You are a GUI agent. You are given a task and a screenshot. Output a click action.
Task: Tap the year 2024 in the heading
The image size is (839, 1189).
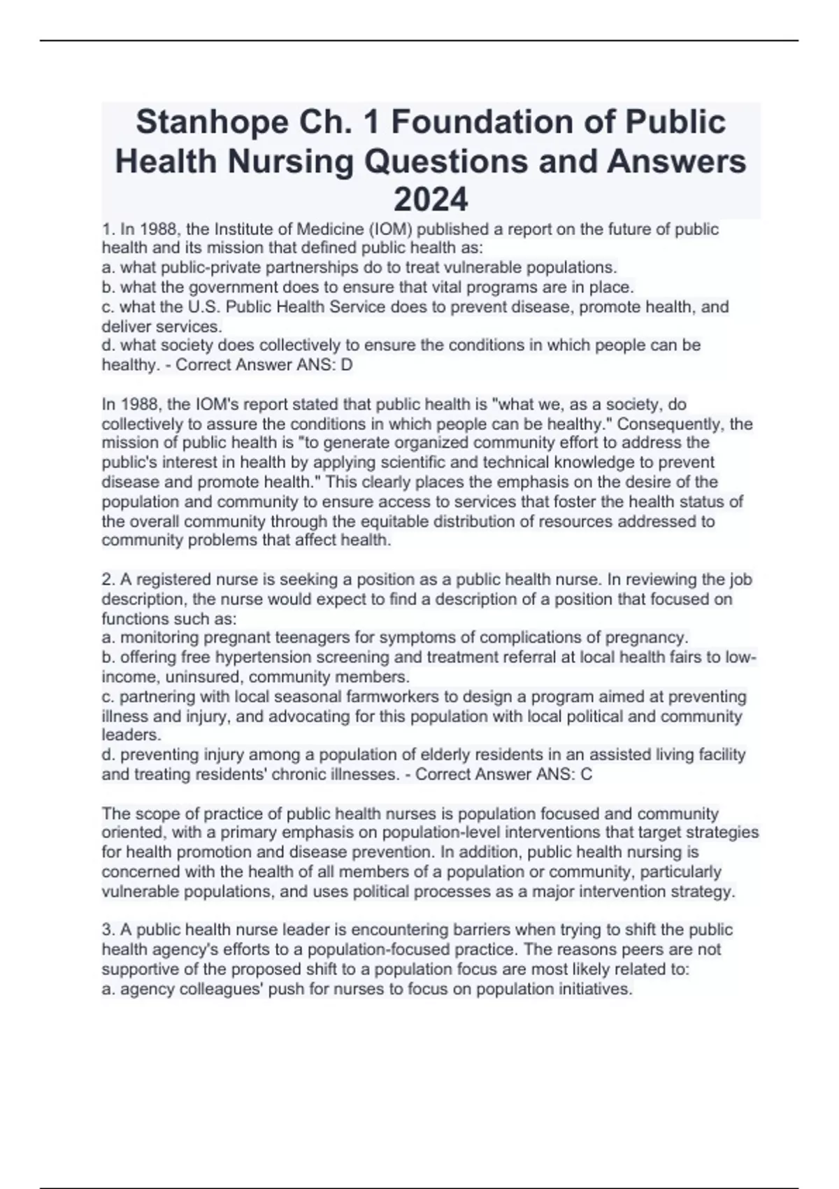[431, 200]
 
